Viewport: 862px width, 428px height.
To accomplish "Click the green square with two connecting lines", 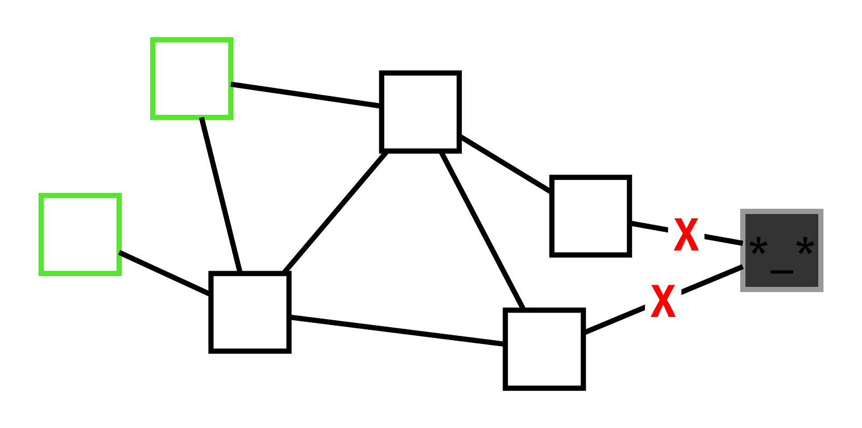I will [x=192, y=79].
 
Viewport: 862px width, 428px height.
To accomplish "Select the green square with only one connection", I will [x=80, y=234].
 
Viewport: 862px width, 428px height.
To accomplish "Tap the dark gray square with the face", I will [x=782, y=251].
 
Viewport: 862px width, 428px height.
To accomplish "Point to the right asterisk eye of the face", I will [x=805, y=250].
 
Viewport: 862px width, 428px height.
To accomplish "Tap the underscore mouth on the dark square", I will [x=782, y=272].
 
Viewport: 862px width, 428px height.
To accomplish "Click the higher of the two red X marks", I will [x=686, y=234].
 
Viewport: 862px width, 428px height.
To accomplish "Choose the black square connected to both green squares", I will [x=250, y=313].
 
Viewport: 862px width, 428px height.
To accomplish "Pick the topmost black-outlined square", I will [x=420, y=112].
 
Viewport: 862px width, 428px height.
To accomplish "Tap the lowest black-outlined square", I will [x=544, y=349].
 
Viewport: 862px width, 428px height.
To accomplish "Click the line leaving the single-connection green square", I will [x=164, y=273].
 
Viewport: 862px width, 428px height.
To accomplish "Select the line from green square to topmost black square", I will [x=305, y=95].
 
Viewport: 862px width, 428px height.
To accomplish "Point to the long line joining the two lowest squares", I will [x=397, y=330].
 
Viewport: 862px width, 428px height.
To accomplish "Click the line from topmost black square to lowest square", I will [x=482, y=231].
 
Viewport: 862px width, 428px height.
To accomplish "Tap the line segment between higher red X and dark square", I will [x=724, y=240].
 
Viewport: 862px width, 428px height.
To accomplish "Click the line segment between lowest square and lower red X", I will [x=614, y=321].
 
